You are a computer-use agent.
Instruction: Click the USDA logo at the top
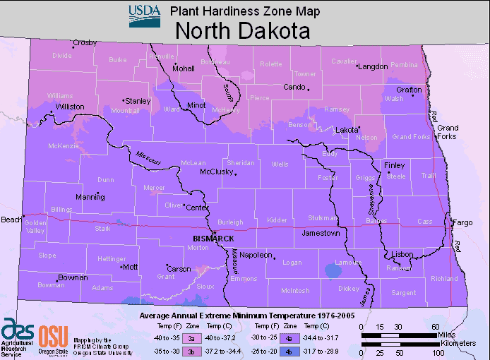[x=144, y=16]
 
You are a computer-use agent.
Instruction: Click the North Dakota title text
[x=242, y=32]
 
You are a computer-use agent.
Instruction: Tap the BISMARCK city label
[x=213, y=239]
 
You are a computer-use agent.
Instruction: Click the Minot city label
[x=196, y=105]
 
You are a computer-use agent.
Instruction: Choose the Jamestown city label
[x=321, y=232]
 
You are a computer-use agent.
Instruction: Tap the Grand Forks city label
[x=447, y=132]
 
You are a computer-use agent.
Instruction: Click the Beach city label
[x=11, y=220]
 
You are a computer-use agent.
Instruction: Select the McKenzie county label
[x=63, y=146]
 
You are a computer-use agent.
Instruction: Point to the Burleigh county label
[x=229, y=222]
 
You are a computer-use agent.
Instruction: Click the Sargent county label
[x=403, y=292]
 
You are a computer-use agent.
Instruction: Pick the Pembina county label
[x=404, y=65]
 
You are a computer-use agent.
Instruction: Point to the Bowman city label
[x=73, y=277]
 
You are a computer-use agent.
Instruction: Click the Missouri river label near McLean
[x=149, y=159]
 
